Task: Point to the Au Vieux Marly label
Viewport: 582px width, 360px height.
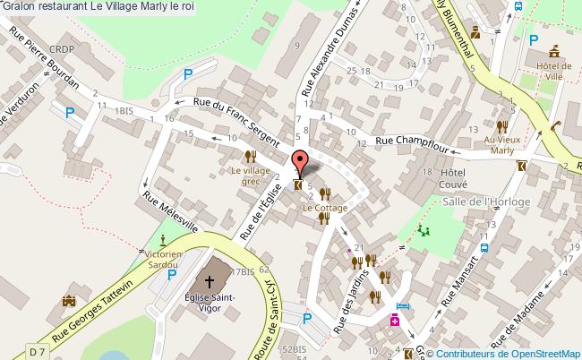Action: (502, 145)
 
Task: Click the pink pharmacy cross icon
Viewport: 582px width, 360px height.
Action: (394, 321)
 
